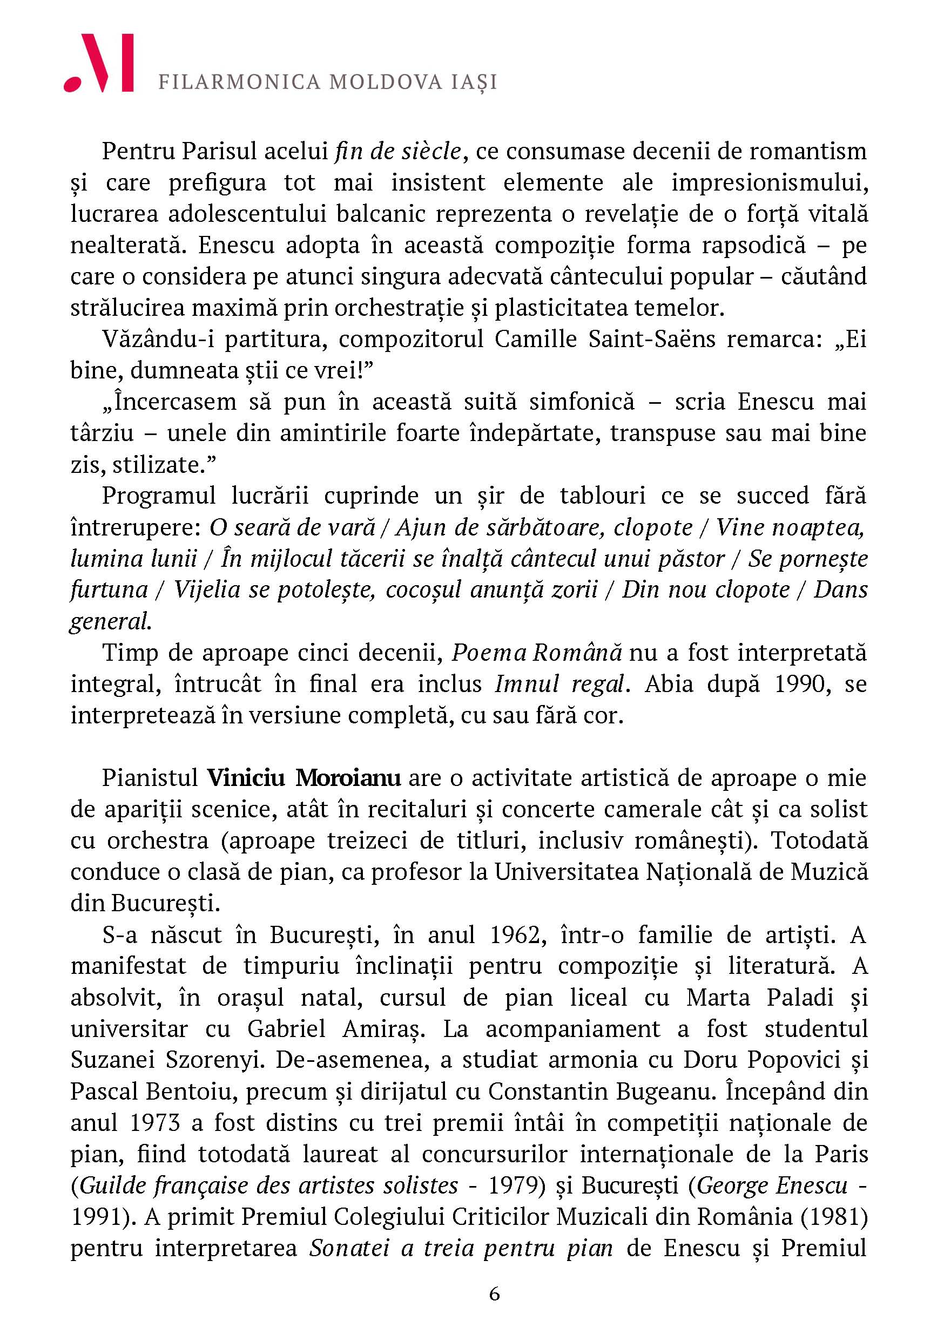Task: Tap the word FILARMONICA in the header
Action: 239,82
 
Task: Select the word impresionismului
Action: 769,182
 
